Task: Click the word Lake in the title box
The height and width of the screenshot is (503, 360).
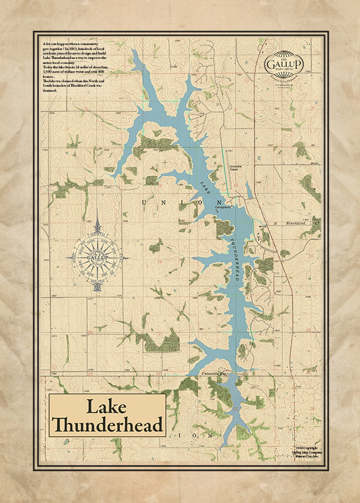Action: (108, 407)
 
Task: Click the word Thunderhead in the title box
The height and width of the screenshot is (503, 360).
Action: (108, 425)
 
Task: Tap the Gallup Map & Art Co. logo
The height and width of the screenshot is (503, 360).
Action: (284, 62)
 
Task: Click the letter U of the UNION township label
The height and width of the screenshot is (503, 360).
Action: (145, 202)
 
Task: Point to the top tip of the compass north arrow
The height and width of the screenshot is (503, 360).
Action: (98, 213)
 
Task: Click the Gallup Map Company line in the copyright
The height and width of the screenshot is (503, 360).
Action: (307, 452)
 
